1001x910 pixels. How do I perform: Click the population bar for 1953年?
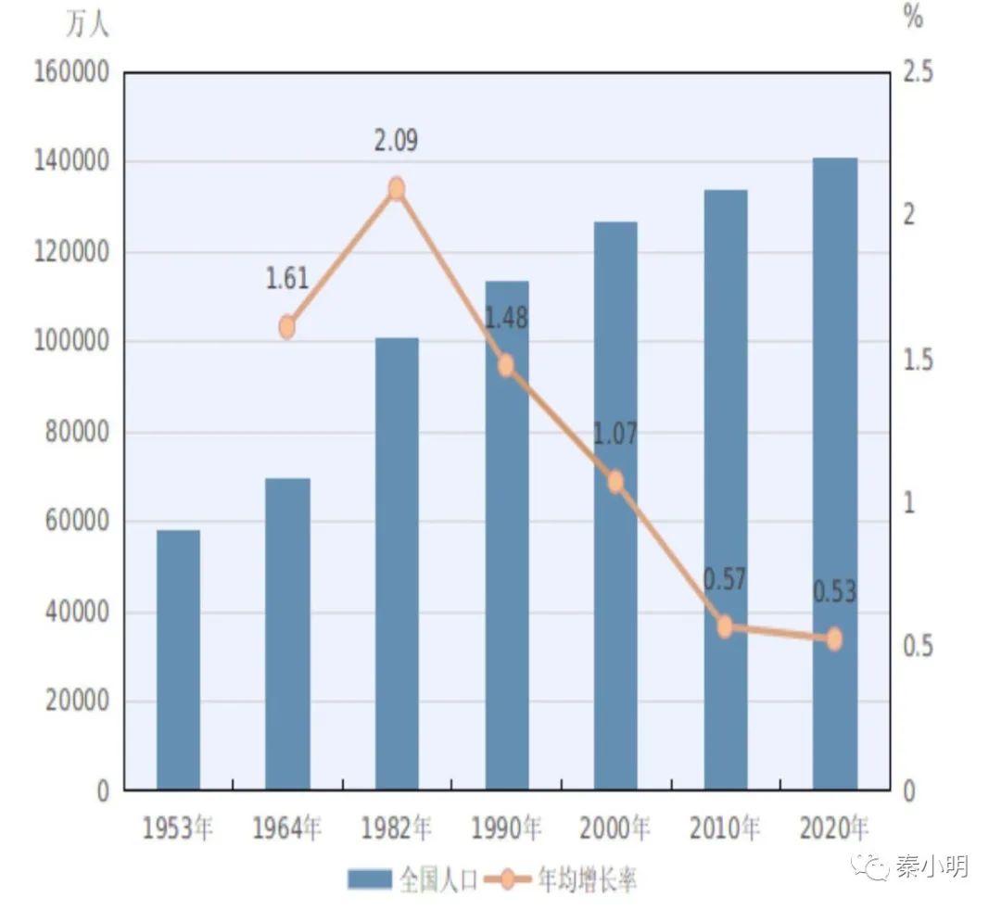pos(178,660)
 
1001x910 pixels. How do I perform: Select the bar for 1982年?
pos(397,563)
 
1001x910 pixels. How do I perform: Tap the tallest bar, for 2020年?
pos(834,474)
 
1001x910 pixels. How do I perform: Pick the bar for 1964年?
pos(287,634)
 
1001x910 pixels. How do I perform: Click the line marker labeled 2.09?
pos(397,189)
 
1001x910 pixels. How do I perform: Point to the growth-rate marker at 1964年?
pos(287,327)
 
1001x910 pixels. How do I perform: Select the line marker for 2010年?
pos(725,626)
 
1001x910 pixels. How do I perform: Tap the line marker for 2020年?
pos(834,638)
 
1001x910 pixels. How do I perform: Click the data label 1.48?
pos(506,318)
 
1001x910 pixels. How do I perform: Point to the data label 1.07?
pos(615,434)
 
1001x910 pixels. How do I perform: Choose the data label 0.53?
pos(834,591)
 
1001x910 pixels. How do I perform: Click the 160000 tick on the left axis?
pos(71,73)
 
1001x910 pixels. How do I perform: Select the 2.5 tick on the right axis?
pos(918,73)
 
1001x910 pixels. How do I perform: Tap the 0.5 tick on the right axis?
pos(918,645)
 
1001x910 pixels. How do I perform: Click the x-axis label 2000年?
pos(615,828)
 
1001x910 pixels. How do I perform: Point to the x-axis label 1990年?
pos(506,828)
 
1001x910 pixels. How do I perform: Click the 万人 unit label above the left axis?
pos(87,25)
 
